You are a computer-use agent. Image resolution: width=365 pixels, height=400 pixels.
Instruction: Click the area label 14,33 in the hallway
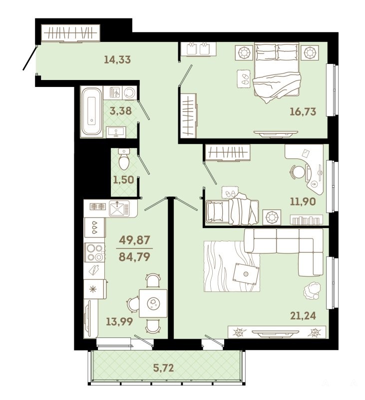pos(117,59)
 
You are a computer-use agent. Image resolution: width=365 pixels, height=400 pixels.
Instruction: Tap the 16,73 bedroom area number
pos(303,111)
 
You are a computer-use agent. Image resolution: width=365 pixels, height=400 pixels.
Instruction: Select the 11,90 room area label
pos(303,201)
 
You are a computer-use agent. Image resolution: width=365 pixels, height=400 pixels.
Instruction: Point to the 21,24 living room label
pos(303,316)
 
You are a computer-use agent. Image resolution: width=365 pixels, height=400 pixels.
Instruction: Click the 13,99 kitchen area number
pos(119,321)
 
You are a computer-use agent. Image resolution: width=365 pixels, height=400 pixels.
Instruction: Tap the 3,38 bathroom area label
pos(121,111)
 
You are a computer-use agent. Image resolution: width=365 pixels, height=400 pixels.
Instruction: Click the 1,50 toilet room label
pos(123,180)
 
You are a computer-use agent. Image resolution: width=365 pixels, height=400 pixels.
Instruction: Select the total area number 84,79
pos(134,257)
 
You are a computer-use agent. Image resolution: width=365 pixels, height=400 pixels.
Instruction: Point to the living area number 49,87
pos(134,240)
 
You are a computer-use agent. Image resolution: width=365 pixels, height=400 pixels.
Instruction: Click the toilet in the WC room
pos(124,159)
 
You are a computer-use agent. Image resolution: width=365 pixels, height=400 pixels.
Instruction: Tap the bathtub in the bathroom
pos(92,111)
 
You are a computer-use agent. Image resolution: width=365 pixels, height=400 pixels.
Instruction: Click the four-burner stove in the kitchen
pos(94,252)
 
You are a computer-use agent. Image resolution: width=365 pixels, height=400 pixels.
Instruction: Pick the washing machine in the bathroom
pos(130,93)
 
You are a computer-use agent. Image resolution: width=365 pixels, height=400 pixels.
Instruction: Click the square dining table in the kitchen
pos(153,303)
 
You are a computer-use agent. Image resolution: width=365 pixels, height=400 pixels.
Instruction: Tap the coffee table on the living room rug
pos(246,274)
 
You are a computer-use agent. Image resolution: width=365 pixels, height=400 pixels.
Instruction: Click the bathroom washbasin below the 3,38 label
pos(116,131)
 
